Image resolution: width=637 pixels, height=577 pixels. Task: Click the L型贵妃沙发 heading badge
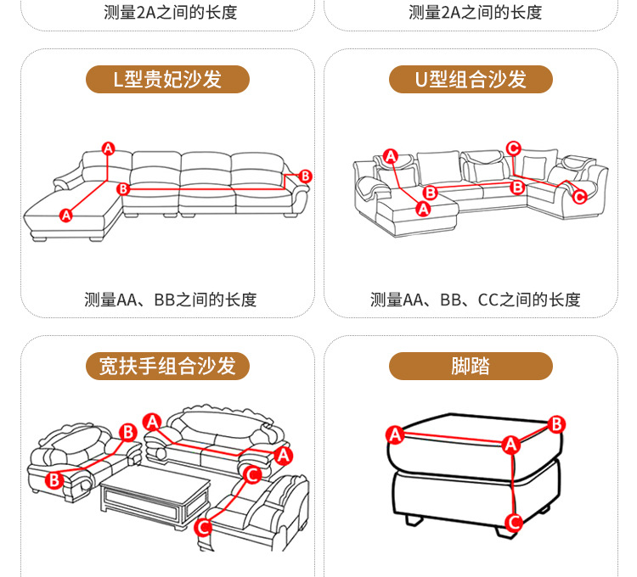click(x=167, y=80)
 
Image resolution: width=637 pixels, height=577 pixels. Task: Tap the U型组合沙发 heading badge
click(x=471, y=80)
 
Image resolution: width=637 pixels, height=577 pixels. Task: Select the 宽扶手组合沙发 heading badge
click(x=167, y=366)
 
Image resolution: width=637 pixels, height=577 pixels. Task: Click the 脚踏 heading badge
click(x=471, y=366)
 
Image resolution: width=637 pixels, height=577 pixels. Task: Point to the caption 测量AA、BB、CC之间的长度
click(x=475, y=300)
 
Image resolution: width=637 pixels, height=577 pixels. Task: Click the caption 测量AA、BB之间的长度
click(x=170, y=300)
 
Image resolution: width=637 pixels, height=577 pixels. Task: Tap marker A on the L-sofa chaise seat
click(x=66, y=216)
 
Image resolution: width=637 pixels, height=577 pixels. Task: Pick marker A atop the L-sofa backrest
click(x=108, y=148)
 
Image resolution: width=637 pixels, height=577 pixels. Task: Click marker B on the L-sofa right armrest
click(x=306, y=176)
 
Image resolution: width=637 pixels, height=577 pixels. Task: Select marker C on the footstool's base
click(x=512, y=522)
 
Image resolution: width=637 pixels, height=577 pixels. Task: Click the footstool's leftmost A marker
click(x=394, y=435)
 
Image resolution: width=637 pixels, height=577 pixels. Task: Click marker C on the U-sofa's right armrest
click(x=579, y=197)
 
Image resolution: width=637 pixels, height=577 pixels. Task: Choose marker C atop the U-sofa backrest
click(x=513, y=148)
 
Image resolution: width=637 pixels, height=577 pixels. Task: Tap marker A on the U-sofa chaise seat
click(x=424, y=207)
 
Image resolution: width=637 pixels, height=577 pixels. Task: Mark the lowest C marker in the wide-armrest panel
click(x=203, y=528)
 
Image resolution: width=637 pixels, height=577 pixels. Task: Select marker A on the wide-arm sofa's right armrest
click(x=285, y=457)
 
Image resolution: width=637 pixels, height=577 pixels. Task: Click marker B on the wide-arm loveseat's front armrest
click(x=54, y=480)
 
